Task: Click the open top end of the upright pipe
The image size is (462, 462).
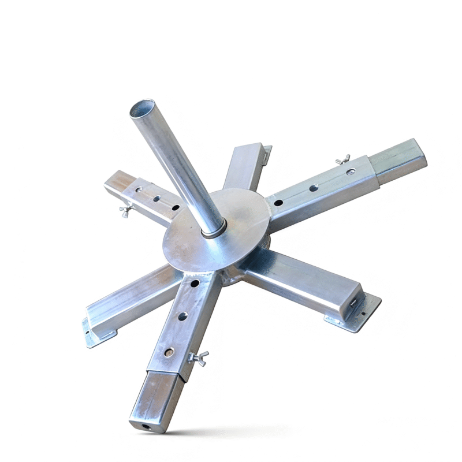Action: (x=142, y=109)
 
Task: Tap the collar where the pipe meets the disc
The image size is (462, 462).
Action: (x=213, y=232)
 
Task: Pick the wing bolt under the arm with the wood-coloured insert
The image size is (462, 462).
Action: (x=125, y=211)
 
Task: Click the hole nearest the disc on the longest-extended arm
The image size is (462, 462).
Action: (x=278, y=203)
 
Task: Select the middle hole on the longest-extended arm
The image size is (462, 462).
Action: (x=314, y=188)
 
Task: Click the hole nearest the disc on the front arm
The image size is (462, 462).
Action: (x=194, y=284)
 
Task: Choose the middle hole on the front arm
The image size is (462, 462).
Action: (x=182, y=316)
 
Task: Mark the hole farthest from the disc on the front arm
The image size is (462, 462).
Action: (x=169, y=351)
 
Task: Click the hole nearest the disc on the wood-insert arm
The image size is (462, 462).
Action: (x=174, y=207)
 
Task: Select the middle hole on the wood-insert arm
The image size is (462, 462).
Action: (x=156, y=199)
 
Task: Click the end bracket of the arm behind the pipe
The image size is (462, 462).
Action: (x=265, y=150)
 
